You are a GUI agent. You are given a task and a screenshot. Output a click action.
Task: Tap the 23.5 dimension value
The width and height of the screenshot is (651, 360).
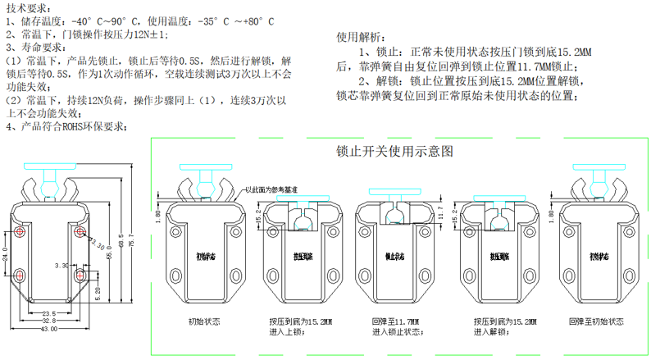49,312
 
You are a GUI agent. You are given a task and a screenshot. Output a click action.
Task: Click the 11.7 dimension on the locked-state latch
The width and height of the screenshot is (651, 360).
439,215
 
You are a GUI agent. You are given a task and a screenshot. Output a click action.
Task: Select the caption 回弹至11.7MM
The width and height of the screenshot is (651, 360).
394,319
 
